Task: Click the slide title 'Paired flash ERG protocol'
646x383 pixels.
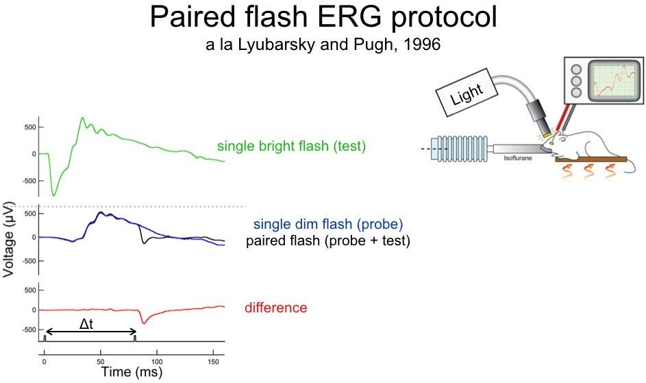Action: point(323,17)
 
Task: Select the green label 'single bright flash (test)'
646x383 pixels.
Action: point(292,146)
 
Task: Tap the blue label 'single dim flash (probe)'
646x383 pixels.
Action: point(328,224)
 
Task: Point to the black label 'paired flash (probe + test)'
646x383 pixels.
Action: point(328,240)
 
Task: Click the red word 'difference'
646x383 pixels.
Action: point(275,308)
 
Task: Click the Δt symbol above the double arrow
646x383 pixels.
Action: point(86,324)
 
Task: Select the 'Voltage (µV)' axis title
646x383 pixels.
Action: point(8,240)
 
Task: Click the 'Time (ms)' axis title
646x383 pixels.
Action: point(132,372)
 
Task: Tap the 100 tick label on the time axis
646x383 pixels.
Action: point(157,362)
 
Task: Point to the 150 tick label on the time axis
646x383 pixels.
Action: point(213,362)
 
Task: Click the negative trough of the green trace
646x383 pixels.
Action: point(53,194)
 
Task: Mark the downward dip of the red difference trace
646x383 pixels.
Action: point(143,322)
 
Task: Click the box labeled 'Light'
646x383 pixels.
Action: point(467,92)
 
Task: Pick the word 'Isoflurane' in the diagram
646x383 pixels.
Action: point(517,158)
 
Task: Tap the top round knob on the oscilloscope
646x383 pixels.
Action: point(576,69)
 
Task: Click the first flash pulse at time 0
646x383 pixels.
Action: point(45,338)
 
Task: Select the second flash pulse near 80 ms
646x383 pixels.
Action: point(135,338)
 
